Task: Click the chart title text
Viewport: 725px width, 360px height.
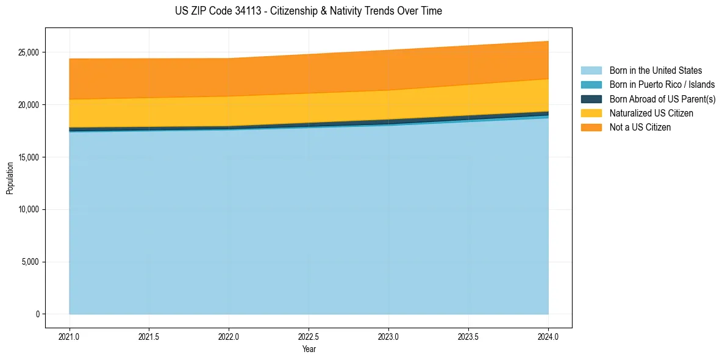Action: pos(308,11)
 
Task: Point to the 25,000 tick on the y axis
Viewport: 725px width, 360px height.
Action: pos(29,52)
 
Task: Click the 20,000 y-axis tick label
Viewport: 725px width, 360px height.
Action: pos(29,105)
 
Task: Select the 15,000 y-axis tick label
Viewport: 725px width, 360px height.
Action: pos(29,157)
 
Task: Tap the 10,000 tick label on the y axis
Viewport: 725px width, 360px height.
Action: pos(29,209)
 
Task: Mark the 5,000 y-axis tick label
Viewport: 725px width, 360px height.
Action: pos(30,262)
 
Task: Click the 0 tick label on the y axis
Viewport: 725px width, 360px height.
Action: pos(37,314)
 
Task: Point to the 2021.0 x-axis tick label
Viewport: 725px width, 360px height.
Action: pos(70,336)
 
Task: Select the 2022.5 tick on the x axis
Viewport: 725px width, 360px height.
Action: pos(309,336)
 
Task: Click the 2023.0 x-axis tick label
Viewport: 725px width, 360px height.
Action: pos(388,336)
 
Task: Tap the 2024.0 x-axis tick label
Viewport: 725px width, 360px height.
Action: pos(548,336)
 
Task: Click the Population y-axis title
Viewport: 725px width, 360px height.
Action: pos(10,178)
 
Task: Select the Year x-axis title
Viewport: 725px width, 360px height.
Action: pos(309,349)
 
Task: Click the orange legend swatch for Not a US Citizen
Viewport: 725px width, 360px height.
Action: pos(591,128)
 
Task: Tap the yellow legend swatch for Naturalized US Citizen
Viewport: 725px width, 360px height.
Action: pos(591,113)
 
